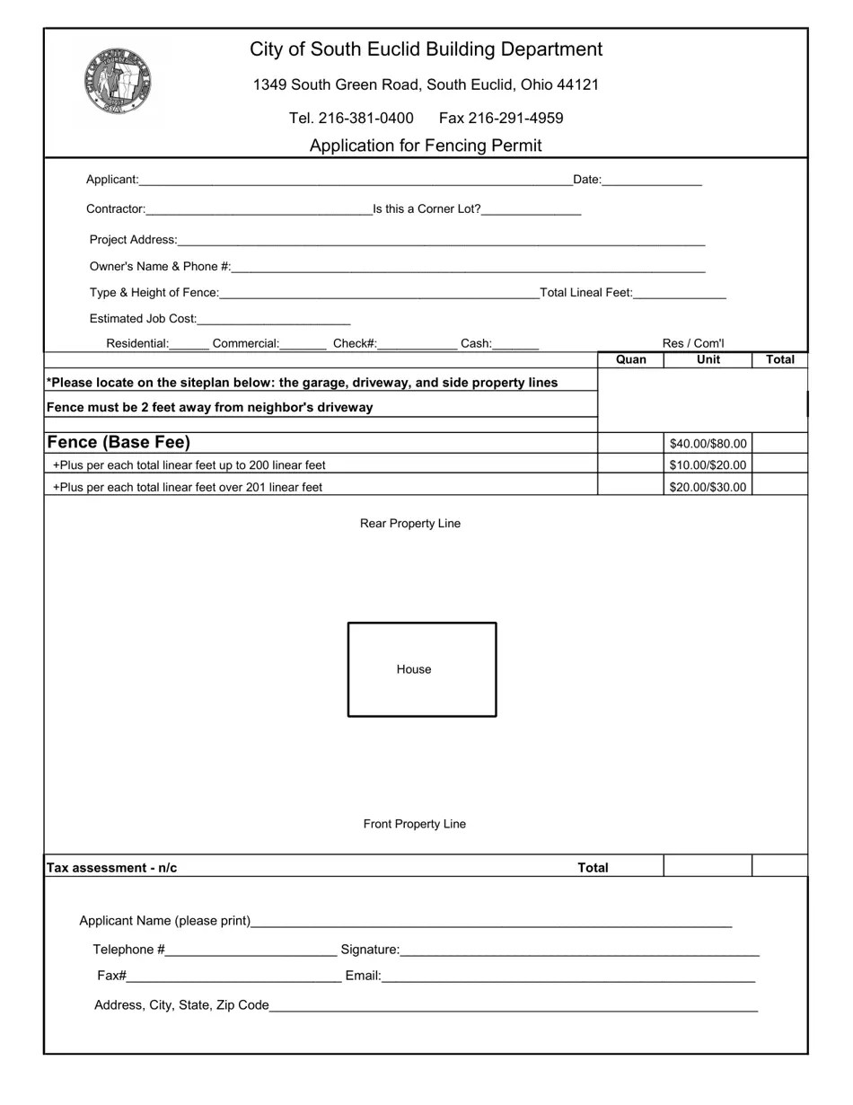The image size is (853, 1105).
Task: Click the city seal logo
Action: pyautogui.click(x=117, y=81)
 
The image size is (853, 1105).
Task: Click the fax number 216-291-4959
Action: pyautogui.click(x=501, y=118)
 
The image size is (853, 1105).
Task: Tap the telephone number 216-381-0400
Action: pyautogui.click(x=351, y=118)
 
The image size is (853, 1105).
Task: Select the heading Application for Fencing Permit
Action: pyautogui.click(x=426, y=146)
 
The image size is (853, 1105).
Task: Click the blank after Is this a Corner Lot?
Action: pyautogui.click(x=532, y=210)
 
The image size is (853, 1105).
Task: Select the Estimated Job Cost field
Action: pyautogui.click(x=273, y=319)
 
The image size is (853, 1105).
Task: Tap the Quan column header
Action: pyautogui.click(x=630, y=359)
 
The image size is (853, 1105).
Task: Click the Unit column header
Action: pyautogui.click(x=708, y=359)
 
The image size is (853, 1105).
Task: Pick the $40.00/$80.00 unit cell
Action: pyautogui.click(x=708, y=444)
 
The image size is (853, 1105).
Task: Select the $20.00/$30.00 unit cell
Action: pyautogui.click(x=708, y=487)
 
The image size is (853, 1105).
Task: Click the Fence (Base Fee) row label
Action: pyautogui.click(x=119, y=442)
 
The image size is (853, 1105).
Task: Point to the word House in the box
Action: pyautogui.click(x=414, y=669)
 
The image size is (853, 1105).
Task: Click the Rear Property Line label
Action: pyautogui.click(x=410, y=524)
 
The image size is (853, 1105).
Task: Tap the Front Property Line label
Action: pyautogui.click(x=415, y=824)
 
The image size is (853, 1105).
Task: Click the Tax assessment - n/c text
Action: pyautogui.click(x=112, y=868)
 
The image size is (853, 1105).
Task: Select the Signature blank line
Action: pyautogui.click(x=579, y=950)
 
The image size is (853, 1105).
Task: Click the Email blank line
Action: pyautogui.click(x=567, y=977)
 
